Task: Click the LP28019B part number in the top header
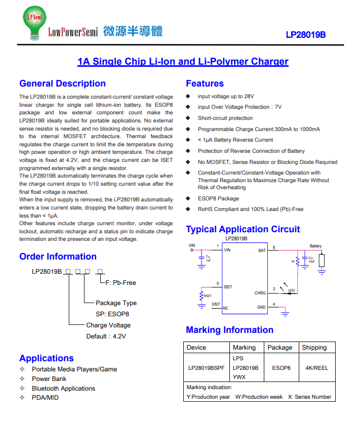(x=305, y=35)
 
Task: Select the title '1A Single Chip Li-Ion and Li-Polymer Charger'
(x=183, y=62)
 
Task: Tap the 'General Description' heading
(x=62, y=83)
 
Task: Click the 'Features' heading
(x=205, y=83)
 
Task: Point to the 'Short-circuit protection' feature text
(x=225, y=118)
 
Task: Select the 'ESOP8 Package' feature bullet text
(x=218, y=198)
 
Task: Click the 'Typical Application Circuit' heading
(x=243, y=229)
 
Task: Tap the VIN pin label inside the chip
(x=227, y=250)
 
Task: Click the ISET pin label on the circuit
(x=228, y=287)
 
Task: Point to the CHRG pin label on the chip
(x=260, y=293)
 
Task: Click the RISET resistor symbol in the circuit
(x=202, y=295)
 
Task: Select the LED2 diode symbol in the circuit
(x=290, y=293)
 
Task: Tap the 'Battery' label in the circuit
(x=315, y=246)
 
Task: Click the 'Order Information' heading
(x=58, y=257)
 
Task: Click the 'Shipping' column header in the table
(x=314, y=348)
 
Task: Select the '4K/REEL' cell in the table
(x=316, y=368)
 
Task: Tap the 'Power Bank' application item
(x=49, y=378)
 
